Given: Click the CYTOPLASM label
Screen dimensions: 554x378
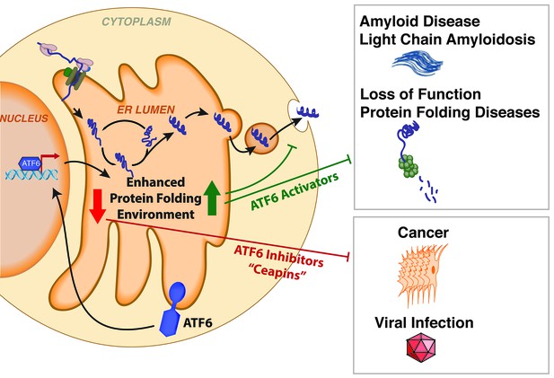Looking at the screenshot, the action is click(x=136, y=22).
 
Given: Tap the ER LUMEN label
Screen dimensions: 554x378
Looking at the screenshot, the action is click(x=146, y=110).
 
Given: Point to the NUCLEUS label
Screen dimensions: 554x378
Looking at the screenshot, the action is click(x=24, y=119).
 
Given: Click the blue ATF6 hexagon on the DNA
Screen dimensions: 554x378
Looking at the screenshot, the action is click(x=31, y=163).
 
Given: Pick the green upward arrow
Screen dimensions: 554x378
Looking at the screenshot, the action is click(x=212, y=198).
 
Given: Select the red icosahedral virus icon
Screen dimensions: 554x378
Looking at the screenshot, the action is click(x=421, y=347).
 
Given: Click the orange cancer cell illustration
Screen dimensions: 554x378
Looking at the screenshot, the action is click(x=421, y=275).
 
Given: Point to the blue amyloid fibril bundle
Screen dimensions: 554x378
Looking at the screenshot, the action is click(x=418, y=64).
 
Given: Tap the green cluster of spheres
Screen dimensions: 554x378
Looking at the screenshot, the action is click(x=409, y=166).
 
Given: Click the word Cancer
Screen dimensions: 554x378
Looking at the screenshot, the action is click(x=423, y=233).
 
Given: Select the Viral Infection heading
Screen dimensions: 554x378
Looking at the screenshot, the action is click(x=424, y=322).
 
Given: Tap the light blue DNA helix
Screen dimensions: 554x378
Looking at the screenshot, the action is click(x=31, y=174).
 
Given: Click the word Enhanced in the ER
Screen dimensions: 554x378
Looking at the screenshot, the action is click(x=155, y=182).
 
